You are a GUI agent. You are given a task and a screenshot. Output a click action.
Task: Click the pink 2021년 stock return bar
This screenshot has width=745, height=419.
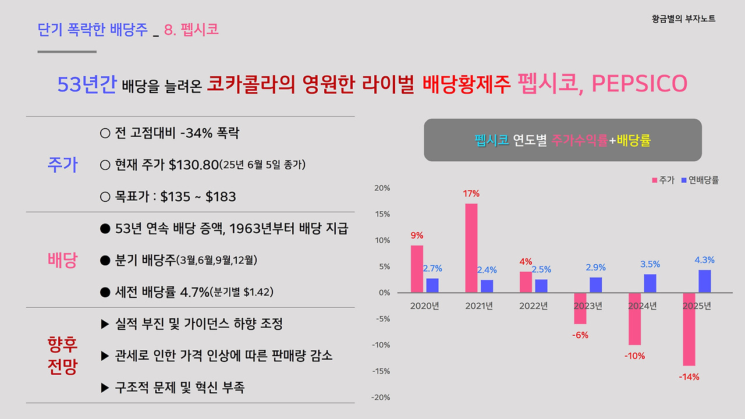pyautogui.click(x=471, y=248)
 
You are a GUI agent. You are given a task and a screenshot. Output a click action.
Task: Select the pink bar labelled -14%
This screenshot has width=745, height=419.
pyautogui.click(x=689, y=329)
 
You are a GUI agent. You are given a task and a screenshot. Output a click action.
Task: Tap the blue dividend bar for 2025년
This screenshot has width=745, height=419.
pyautogui.click(x=704, y=282)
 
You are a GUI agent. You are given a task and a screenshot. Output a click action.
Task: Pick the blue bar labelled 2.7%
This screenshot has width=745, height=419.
pyautogui.click(x=432, y=286)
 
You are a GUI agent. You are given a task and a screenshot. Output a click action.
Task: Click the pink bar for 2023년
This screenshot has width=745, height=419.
pyautogui.click(x=580, y=308)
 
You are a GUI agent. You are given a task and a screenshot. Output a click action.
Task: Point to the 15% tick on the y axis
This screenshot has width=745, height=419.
pyautogui.click(x=382, y=214)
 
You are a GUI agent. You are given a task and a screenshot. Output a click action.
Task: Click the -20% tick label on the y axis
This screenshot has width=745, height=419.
pyautogui.click(x=381, y=397)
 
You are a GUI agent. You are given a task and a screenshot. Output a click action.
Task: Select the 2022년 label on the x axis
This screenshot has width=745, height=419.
pyautogui.click(x=533, y=306)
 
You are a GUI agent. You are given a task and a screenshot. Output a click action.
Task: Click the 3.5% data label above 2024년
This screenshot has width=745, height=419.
pyautogui.click(x=650, y=264)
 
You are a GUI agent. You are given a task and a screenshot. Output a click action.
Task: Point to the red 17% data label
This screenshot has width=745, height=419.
pyautogui.click(x=471, y=194)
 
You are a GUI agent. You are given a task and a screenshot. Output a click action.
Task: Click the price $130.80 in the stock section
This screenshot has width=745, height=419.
pyautogui.click(x=193, y=165)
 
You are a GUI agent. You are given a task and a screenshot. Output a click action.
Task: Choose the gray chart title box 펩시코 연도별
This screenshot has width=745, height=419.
pyautogui.click(x=562, y=140)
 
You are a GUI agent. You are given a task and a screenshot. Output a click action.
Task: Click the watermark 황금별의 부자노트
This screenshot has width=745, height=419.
pyautogui.click(x=683, y=19)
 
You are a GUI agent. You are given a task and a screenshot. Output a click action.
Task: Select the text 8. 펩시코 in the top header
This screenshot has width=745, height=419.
pyautogui.click(x=191, y=30)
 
